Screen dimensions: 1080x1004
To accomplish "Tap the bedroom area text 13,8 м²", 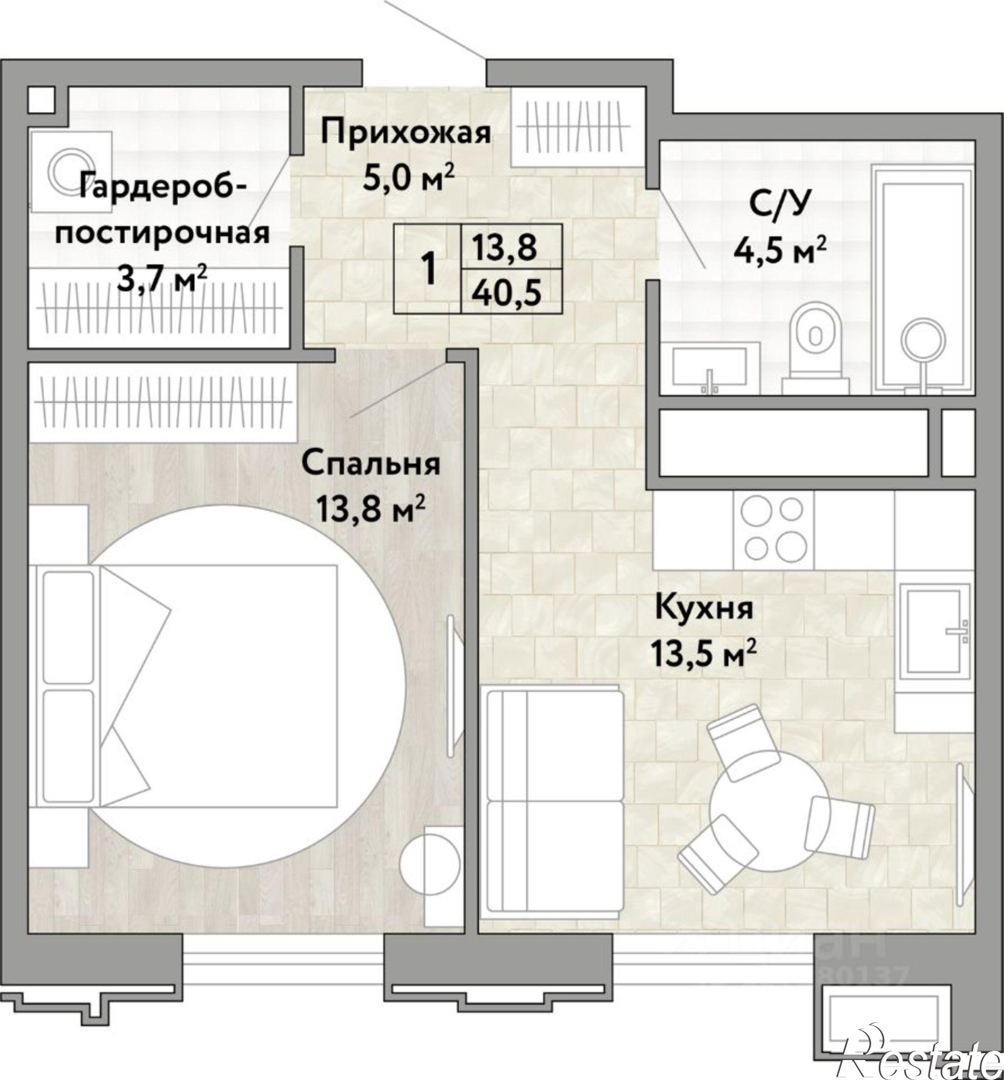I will [370, 510].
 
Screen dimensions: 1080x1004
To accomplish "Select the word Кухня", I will [704, 608].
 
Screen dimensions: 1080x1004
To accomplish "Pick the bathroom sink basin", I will [709, 367].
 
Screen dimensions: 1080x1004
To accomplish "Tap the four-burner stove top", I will [773, 530].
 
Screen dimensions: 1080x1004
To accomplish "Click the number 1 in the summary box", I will [429, 269].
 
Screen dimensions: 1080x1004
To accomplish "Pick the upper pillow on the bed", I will [68, 627].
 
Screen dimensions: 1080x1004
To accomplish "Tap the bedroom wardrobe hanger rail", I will [163, 402].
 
